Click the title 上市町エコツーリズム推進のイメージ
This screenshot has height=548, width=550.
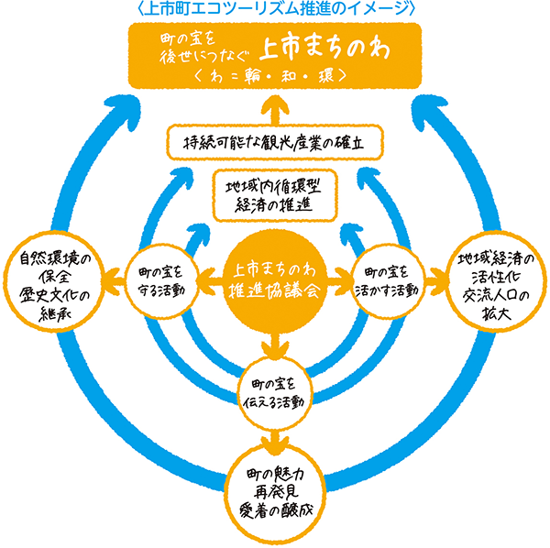pos(275,8)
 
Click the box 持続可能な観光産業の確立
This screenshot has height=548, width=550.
pos(275,142)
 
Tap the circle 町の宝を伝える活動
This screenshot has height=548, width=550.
pos(276,389)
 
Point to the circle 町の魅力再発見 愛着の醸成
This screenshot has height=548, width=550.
pos(275,490)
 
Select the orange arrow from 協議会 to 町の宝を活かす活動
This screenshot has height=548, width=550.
pos(344,272)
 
